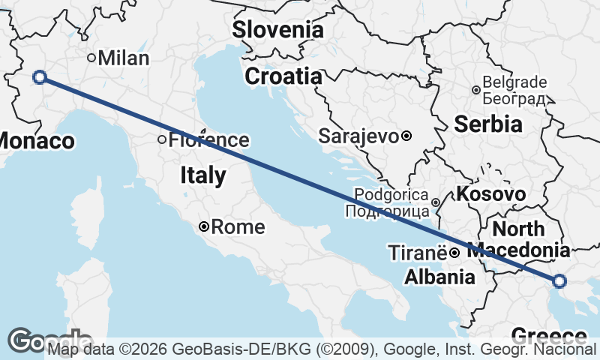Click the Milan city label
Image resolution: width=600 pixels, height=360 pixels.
point(124,58)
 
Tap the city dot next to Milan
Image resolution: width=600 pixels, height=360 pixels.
point(91,58)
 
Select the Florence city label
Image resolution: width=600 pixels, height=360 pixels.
point(208,139)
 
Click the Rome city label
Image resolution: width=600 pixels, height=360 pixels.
point(238,226)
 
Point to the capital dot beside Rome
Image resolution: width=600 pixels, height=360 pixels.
point(204,226)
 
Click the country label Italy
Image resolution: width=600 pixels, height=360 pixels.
point(202,175)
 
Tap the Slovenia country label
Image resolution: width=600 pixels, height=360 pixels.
point(277,30)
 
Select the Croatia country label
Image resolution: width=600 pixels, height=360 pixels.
point(283,76)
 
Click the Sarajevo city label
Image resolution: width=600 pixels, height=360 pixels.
point(358,136)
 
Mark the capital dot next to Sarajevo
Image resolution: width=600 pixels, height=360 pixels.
point(406,136)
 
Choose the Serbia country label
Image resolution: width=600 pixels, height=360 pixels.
point(487,123)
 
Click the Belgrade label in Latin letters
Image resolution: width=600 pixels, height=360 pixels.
point(516,82)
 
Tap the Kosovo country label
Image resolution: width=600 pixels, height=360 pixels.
point(490,193)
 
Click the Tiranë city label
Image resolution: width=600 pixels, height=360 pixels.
point(417,253)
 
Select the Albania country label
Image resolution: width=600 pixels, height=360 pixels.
point(439,277)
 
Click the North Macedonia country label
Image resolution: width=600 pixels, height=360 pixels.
point(519,239)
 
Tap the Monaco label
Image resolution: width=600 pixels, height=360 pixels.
point(36,141)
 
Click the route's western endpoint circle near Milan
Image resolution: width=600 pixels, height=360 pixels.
point(40,76)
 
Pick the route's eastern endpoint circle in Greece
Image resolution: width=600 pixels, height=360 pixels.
point(559,281)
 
